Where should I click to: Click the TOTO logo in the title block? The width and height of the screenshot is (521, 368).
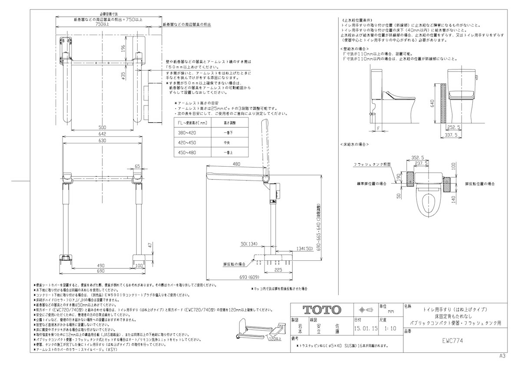click(x=321, y=309)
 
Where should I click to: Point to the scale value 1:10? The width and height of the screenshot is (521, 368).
click(x=389, y=329)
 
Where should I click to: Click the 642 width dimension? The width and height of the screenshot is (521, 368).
click(x=102, y=134)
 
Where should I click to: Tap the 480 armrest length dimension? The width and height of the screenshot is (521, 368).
click(x=236, y=164)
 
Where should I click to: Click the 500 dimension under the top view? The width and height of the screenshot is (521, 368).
click(x=102, y=127)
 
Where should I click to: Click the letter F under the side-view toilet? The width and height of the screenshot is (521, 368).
click(x=378, y=128)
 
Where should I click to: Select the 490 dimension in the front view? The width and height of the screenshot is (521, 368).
click(x=101, y=265)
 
